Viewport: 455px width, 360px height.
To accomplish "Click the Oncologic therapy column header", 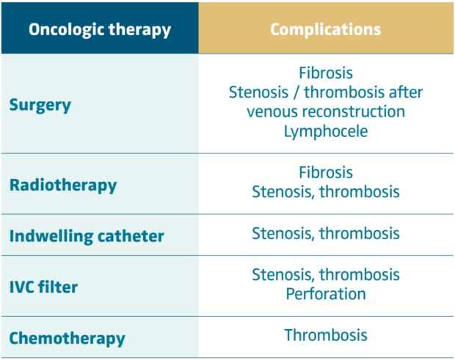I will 100,30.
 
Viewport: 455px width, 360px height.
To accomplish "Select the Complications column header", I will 325,30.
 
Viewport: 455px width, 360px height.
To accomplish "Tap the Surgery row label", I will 40,105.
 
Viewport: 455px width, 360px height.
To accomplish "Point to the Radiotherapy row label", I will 63,185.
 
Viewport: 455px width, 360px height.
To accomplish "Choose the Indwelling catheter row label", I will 87,237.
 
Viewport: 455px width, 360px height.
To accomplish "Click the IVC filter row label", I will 43,286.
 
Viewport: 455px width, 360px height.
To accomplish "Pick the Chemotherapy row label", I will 68,339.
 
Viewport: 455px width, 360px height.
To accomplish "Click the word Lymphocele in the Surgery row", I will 326,132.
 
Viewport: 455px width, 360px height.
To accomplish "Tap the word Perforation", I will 326,293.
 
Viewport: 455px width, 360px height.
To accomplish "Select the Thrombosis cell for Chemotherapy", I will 326,336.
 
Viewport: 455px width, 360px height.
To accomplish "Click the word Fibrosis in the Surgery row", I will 326,73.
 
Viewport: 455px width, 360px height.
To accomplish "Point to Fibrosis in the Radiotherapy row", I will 326,173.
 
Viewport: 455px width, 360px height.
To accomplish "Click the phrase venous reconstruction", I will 326,112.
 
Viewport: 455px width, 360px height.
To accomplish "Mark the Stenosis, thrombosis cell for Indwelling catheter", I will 326,233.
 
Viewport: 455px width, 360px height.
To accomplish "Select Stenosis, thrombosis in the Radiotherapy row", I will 326,192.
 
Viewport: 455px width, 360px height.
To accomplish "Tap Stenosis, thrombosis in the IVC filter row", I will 326,274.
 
